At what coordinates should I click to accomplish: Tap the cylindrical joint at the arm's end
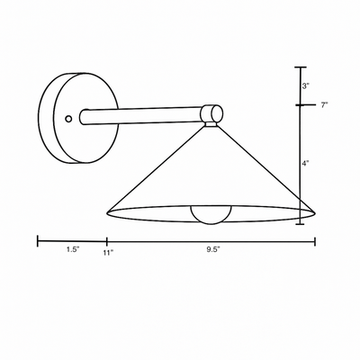pyautogui.click(x=211, y=113)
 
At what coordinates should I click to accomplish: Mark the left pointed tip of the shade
pyautogui.click(x=108, y=213)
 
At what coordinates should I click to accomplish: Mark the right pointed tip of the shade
pyautogui.click(x=315, y=213)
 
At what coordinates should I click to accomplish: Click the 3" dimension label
pyautogui.click(x=305, y=86)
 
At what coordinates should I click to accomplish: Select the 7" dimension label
pyautogui.click(x=323, y=105)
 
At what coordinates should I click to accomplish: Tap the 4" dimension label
pyautogui.click(x=306, y=165)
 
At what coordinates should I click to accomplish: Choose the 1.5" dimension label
pyautogui.click(x=72, y=252)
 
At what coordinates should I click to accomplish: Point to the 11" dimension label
pyautogui.click(x=107, y=255)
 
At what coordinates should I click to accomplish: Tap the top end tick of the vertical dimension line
pyautogui.click(x=301, y=67)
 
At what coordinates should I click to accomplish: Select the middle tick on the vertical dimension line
pyautogui.click(x=301, y=105)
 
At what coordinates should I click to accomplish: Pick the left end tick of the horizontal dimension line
pyautogui.click(x=37, y=240)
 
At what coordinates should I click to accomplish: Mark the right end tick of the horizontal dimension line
pyautogui.click(x=315, y=240)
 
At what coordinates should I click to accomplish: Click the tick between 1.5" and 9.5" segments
pyautogui.click(x=107, y=240)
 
